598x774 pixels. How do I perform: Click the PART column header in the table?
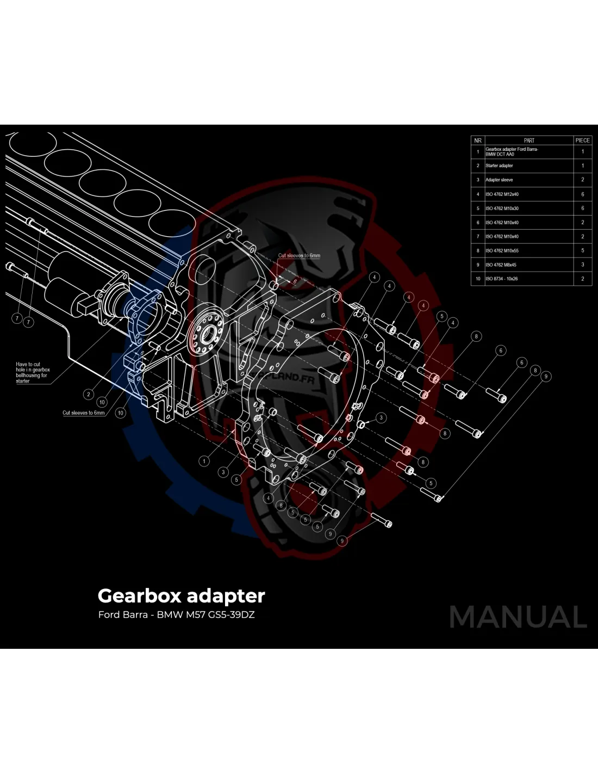528,140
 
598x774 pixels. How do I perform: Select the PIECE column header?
582,140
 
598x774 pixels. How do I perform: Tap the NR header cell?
478,140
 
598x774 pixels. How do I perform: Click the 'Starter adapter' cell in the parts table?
499,165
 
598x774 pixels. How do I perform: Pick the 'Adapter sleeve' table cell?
499,180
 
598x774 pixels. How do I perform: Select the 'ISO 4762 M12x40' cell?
502,194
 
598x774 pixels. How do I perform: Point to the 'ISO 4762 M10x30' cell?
502,208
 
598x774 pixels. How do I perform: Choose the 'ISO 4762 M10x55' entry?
502,251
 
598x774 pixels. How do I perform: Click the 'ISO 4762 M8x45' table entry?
501,265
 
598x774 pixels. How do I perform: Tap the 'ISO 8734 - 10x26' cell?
501,279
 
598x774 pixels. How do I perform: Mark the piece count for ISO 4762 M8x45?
582,265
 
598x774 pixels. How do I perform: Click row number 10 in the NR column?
478,279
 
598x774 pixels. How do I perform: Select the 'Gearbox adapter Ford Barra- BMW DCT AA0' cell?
512,151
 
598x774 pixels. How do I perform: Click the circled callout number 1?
204,461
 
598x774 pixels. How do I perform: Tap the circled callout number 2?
89,394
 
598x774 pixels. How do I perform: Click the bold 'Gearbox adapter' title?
181,596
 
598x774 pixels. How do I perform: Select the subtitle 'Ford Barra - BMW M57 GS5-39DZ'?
176,615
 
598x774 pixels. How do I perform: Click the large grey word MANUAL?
518,617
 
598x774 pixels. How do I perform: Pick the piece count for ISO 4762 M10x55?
582,251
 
